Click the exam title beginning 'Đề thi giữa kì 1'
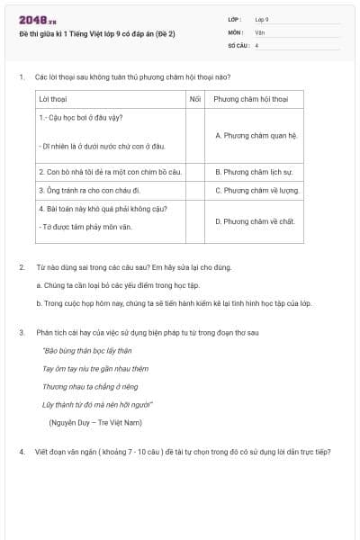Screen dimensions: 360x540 pos(96,32)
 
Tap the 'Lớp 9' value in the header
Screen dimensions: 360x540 pos(262,18)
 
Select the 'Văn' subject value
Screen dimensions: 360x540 pos(259,31)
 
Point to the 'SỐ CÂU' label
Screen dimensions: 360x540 pos(238,44)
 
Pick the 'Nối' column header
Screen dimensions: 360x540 pos(195,98)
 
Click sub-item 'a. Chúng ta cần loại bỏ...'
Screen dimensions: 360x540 pos(118,284)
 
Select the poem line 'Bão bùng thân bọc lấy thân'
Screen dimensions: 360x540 pos(87,350)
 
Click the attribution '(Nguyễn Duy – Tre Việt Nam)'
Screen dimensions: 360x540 pos(95,421)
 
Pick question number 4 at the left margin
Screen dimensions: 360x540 pos(21,451)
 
